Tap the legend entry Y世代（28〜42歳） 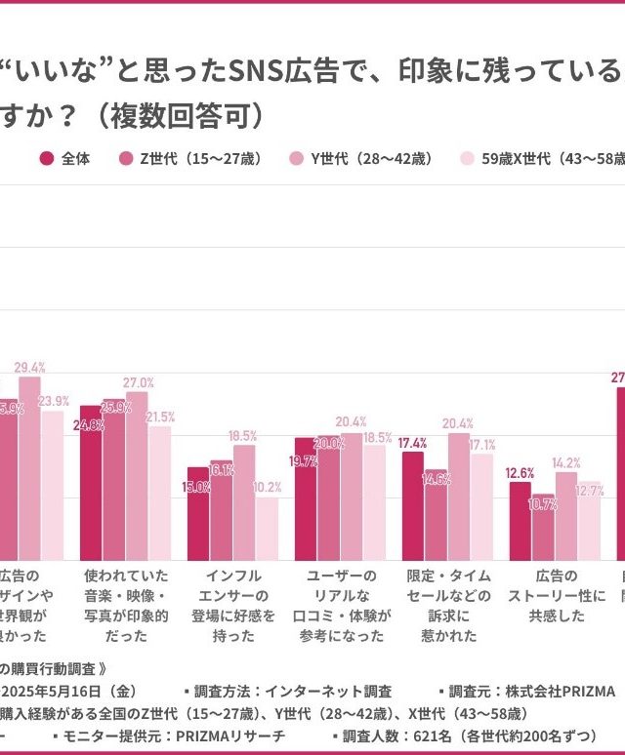pos(360,158)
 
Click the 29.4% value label pos(30,368)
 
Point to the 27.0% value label pos(138,382)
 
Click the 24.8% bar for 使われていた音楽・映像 pos(91,482)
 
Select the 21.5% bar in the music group pos(159,492)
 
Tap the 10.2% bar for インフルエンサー pos(267,528)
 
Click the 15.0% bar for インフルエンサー pos(198,513)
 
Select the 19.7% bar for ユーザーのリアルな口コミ pos(306,498)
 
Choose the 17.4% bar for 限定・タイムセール pos(413,505)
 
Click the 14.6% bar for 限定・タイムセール pos(436,521)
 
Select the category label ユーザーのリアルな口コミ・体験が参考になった pos(342,606)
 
